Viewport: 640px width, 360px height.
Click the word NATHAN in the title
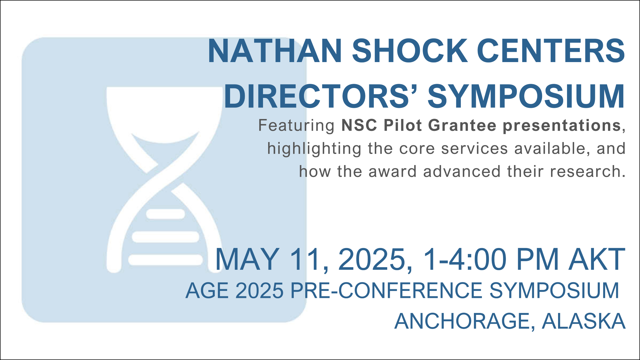click(275, 51)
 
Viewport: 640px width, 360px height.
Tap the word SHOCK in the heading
click(410, 51)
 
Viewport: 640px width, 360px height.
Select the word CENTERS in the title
click(551, 51)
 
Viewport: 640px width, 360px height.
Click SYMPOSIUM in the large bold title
click(526, 96)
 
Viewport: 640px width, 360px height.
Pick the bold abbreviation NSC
click(359, 125)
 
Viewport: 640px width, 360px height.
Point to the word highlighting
click(315, 149)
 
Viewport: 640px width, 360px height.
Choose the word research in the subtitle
click(586, 172)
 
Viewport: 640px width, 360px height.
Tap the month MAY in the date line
click(247, 259)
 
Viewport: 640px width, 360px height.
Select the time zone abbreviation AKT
click(596, 259)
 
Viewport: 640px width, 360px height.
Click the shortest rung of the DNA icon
click(165, 214)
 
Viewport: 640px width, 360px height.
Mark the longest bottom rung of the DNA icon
click(165, 260)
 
